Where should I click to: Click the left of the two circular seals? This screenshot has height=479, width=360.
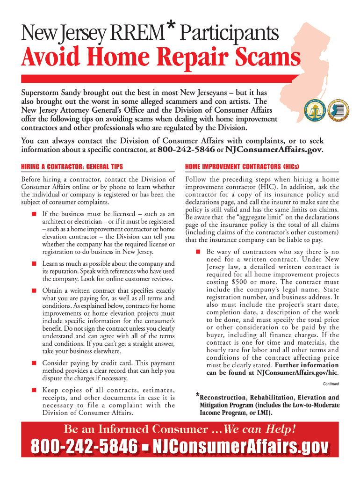tap(315, 110)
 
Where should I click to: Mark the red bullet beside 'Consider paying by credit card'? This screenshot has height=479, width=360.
tap(34, 363)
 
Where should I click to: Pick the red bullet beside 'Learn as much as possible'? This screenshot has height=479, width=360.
tap(34, 263)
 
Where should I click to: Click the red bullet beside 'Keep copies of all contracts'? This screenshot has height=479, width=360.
tap(34, 390)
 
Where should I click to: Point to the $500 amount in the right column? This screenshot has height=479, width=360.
tap(241, 282)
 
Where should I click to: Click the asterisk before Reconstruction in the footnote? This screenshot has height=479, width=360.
tap(198, 396)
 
